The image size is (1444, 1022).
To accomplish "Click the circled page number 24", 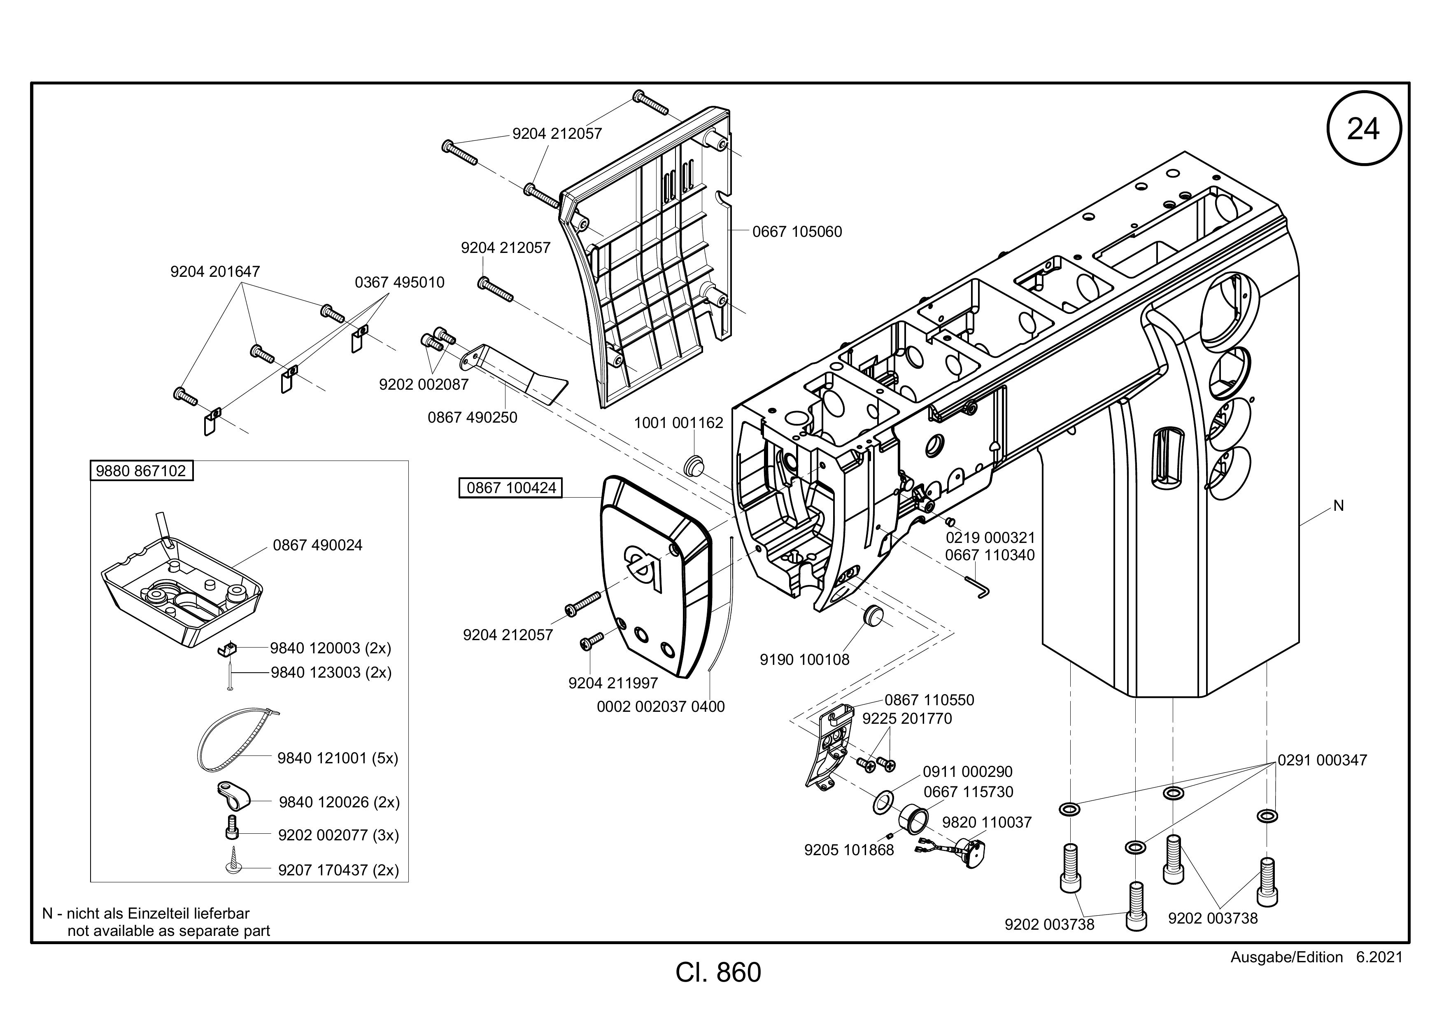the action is tap(1363, 129).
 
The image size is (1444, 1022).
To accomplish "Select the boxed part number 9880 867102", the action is tap(141, 471).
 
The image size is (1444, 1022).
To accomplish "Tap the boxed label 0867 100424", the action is tap(511, 488).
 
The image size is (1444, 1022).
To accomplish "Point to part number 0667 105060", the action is tap(797, 232).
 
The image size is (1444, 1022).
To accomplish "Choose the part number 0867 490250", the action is tap(472, 417).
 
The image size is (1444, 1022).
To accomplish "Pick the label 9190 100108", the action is tap(804, 660).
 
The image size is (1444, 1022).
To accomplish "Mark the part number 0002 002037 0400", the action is tap(660, 707).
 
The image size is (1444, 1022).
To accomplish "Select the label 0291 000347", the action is tap(1322, 760).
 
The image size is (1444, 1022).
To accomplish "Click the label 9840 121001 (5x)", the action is tap(338, 758).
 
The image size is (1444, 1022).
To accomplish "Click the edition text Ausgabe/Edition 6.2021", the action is tap(1316, 957).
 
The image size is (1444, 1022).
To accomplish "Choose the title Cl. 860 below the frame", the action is tap(718, 972).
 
